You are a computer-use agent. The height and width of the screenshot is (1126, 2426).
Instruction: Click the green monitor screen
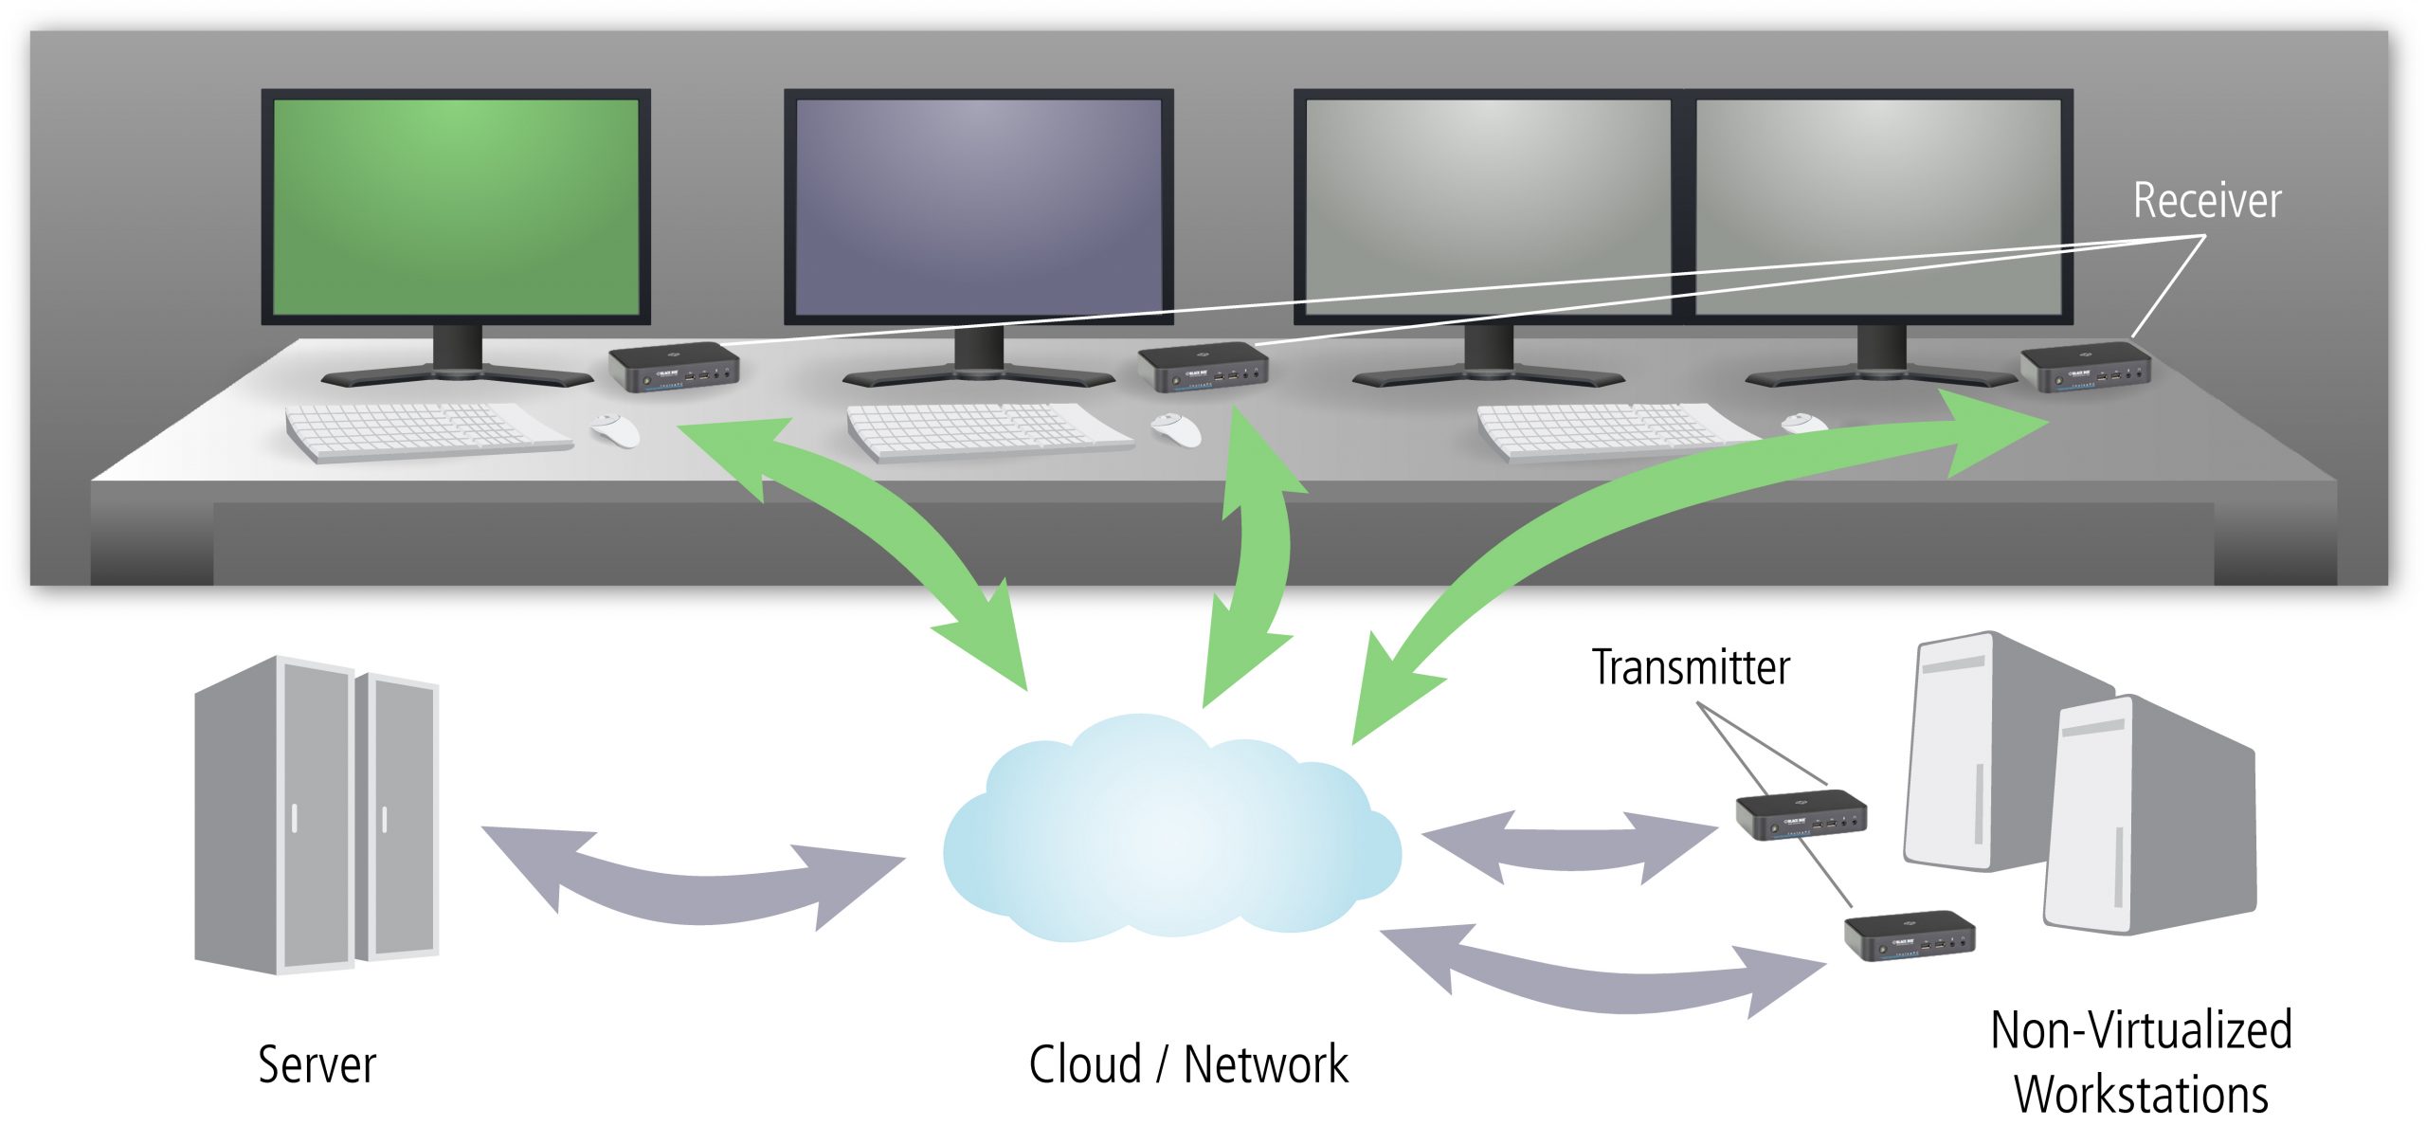(456, 207)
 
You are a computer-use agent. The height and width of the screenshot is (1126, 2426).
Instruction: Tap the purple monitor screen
(978, 207)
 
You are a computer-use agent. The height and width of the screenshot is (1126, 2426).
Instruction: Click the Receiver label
(2206, 201)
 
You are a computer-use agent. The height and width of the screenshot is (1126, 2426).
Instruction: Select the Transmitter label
(1691, 667)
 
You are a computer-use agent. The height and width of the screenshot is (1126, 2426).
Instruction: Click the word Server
(317, 1064)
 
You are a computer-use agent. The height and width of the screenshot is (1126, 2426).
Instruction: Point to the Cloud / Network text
(1187, 1064)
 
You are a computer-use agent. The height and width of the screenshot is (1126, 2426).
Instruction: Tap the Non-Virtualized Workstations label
(2141, 1062)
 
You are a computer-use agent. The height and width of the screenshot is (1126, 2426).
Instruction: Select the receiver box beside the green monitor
(673, 368)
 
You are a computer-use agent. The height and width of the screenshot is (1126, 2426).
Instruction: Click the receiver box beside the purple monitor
(1203, 368)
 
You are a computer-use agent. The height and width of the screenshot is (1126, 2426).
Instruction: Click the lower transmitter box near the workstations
(1909, 935)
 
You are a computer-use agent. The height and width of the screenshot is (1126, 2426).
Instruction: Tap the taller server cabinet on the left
(275, 815)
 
